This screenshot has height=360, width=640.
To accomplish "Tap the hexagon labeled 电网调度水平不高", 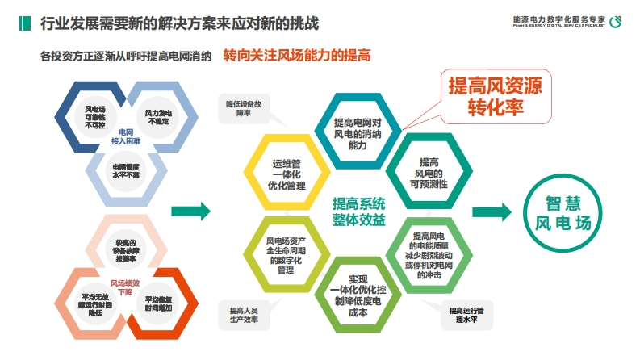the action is click(127, 170).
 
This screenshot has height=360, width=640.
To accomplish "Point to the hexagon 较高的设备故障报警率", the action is click(126, 249).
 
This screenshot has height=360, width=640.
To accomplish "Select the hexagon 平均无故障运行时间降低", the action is click(95, 303).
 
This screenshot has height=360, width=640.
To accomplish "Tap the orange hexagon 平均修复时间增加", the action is click(158, 303).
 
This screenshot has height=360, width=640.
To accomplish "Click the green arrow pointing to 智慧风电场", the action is click(492, 211).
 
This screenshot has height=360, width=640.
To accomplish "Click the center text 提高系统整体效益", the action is click(358, 211).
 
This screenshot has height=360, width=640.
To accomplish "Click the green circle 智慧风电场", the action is click(563, 212).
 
